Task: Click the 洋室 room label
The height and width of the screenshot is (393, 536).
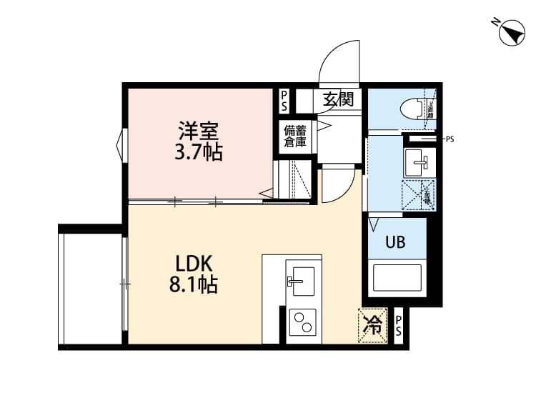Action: (198, 131)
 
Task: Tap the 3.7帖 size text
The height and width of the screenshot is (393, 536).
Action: (198, 152)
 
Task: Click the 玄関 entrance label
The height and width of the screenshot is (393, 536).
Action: (337, 99)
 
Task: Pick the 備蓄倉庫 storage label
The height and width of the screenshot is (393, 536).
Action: (295, 136)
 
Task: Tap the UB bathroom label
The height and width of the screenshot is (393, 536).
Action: (395, 242)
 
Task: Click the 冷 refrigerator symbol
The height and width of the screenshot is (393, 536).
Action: (373, 326)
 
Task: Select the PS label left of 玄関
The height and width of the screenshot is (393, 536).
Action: (284, 100)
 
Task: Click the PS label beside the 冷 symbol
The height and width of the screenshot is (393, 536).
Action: (399, 326)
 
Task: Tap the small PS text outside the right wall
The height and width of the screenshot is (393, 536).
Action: (450, 139)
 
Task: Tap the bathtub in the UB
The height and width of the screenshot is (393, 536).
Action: (397, 277)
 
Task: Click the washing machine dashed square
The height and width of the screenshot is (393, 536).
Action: (418, 194)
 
